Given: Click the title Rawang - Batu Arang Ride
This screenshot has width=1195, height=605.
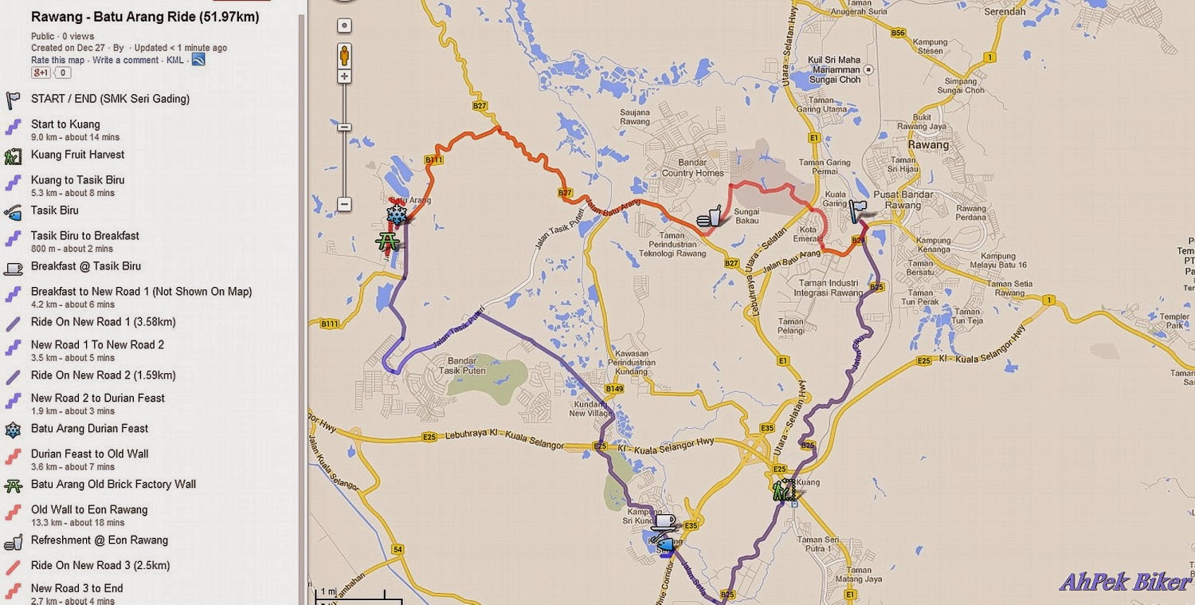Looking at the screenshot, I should [144, 17].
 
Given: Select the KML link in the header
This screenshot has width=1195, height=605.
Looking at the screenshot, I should [174, 60].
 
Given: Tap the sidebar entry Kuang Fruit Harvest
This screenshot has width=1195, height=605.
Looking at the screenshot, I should [77, 155].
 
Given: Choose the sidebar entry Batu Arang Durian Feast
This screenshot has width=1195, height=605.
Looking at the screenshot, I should [89, 428].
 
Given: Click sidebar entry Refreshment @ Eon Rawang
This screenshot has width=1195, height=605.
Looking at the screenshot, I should [99, 540].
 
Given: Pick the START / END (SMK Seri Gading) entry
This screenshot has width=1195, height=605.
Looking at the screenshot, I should [110, 99].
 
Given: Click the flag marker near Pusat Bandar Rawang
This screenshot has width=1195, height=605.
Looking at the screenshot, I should [857, 210].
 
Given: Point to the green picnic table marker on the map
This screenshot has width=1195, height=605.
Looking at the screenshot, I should [388, 240].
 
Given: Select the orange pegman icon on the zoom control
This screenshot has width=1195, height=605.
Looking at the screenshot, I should [344, 56].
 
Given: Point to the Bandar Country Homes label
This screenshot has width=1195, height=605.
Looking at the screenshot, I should [692, 168].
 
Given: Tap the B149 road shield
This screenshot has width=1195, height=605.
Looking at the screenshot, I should [613, 389].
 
